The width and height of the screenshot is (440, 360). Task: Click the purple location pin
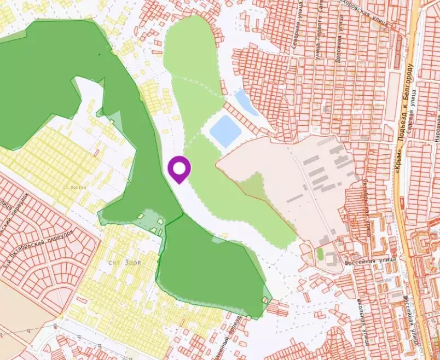click(x=179, y=169)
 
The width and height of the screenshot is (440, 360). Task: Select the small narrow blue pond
click(x=246, y=102)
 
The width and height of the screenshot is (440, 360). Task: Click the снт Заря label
click(x=124, y=262)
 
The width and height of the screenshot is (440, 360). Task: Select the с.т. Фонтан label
click(x=75, y=187)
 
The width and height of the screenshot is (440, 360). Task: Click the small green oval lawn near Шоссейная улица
click(x=320, y=254)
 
